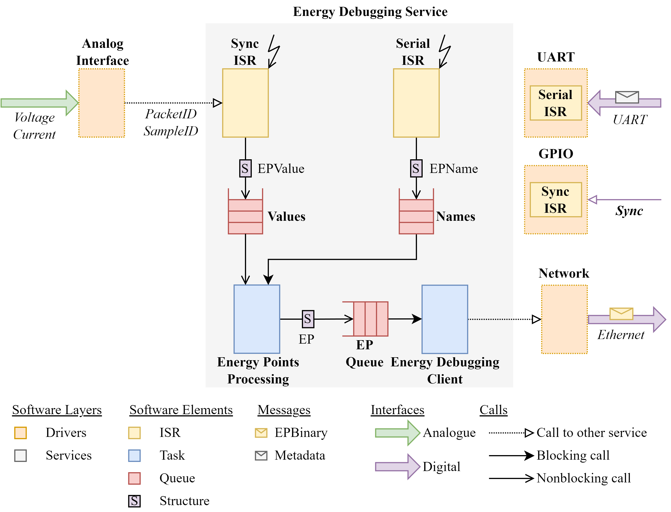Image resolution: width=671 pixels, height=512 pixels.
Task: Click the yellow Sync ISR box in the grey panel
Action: pos(245,103)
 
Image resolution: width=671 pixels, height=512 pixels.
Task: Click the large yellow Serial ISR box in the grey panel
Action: pos(416,103)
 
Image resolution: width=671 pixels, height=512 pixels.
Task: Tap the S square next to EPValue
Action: pos(245,168)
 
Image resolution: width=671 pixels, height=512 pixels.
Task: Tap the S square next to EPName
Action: pos(416,168)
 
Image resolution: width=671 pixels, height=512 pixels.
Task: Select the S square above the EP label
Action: pos(308,319)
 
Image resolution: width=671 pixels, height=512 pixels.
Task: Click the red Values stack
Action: pos(245,216)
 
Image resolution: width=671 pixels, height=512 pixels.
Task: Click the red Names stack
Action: pos(416,216)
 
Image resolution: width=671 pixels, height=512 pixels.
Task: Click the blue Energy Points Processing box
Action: pos(257,319)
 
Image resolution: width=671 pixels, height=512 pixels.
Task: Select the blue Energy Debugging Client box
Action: pos(445,319)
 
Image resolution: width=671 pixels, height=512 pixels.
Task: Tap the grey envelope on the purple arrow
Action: pos(627,97)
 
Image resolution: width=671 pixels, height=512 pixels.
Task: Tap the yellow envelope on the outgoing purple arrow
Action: pos(621,314)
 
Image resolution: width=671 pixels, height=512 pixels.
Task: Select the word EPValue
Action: pos(281,169)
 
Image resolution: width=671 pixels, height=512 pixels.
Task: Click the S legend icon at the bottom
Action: pos(134,501)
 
